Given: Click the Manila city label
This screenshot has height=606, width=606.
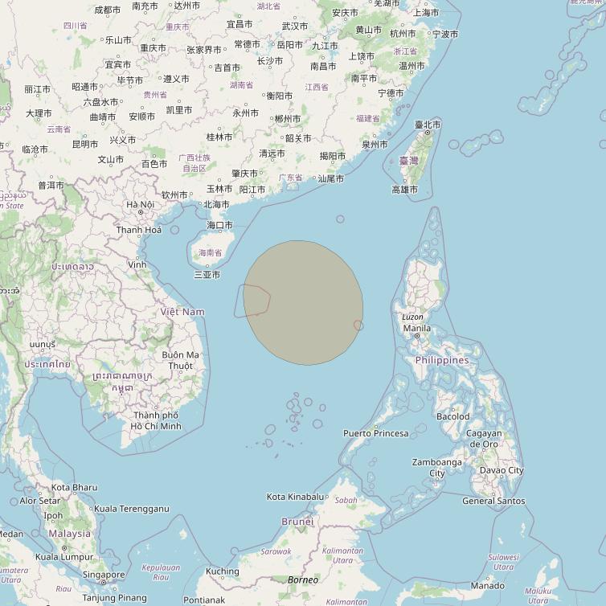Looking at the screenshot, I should tap(416, 328).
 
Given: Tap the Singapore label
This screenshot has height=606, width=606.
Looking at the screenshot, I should tap(104, 575).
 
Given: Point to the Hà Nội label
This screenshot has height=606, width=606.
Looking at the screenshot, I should tap(140, 204).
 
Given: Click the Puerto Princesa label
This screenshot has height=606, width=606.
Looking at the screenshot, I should tap(375, 433).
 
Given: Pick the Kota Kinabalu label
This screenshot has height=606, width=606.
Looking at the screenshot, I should tap(295, 497).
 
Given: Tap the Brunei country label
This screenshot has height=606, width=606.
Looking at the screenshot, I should tap(297, 522).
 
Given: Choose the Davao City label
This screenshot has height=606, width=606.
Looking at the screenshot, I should tap(502, 470).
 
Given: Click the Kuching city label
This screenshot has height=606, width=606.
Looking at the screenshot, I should tap(223, 571).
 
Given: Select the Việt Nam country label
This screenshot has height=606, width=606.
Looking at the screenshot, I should tap(182, 311).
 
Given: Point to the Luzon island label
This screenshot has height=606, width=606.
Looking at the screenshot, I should tap(412, 317).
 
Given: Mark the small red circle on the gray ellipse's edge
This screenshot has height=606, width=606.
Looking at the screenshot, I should tap(358, 325).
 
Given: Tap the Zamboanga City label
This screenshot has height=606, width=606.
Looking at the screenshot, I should tap(437, 468).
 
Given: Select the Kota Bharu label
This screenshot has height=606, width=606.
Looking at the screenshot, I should tap(74, 487).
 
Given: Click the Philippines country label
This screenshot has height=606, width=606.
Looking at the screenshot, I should tap(442, 360).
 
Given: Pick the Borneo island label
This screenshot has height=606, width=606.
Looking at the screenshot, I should tap(303, 579).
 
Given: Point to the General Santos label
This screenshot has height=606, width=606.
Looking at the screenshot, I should tap(493, 501).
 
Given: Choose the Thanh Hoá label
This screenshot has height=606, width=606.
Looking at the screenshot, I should tap(139, 230).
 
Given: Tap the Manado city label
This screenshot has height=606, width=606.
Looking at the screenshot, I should tap(487, 586).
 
